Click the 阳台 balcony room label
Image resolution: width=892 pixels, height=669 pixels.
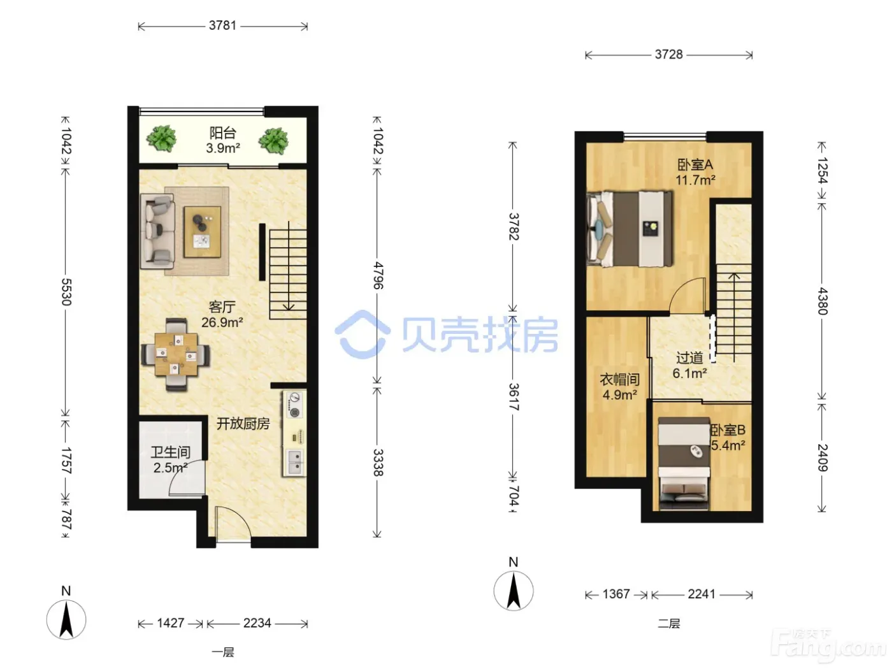223,133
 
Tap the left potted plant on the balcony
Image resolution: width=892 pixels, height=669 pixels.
161,138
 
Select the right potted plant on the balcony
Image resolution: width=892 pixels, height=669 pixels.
273,141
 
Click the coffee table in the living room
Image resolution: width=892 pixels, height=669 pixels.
203,232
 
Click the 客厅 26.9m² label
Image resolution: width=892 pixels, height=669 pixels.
222,314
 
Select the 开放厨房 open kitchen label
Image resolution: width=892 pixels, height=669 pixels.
243,424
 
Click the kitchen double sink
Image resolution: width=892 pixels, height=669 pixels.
294,462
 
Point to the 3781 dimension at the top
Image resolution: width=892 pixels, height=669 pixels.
223,25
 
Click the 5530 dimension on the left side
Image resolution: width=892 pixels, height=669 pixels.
66,292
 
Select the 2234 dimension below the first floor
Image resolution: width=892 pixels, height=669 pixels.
257,623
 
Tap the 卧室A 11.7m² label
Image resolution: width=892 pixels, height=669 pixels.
695,172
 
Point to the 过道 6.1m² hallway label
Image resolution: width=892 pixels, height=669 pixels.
689,365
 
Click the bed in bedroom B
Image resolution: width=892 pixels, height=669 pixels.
684,463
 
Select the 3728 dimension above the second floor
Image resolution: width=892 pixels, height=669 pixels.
669,54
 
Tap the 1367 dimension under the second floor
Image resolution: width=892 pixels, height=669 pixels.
616,594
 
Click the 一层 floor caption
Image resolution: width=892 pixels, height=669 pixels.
223,652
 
